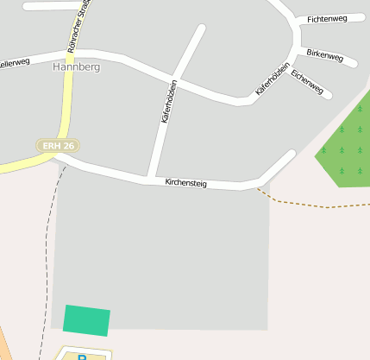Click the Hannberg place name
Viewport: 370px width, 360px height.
pyautogui.click(x=76, y=66)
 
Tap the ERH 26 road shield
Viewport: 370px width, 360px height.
pyautogui.click(x=59, y=146)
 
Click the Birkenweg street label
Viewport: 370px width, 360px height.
pyautogui.click(x=325, y=57)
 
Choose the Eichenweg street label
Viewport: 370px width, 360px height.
pyautogui.click(x=307, y=82)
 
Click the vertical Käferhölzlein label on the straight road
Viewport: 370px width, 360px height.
pyautogui.click(x=168, y=102)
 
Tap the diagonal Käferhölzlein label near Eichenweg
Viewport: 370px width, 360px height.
pyautogui.click(x=272, y=79)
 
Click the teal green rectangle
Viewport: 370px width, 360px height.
pyautogui.click(x=86, y=320)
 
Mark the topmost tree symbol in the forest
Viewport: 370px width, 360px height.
pyautogui.click(x=360, y=110)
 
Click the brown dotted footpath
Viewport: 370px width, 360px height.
pyautogui.click(x=310, y=205)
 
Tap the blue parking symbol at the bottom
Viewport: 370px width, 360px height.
pyautogui.click(x=83, y=356)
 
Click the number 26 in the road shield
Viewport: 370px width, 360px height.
pyautogui.click(x=68, y=146)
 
